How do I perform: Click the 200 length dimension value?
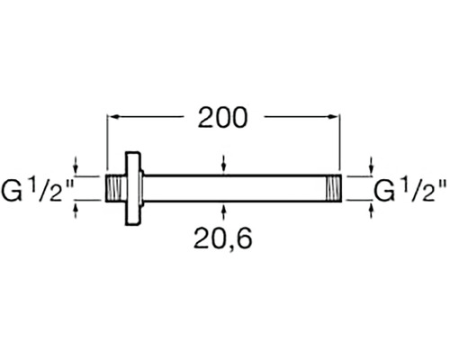[x=220, y=117]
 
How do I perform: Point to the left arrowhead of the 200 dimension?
[x=113, y=116]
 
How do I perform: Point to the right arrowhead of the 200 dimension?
[x=335, y=116]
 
